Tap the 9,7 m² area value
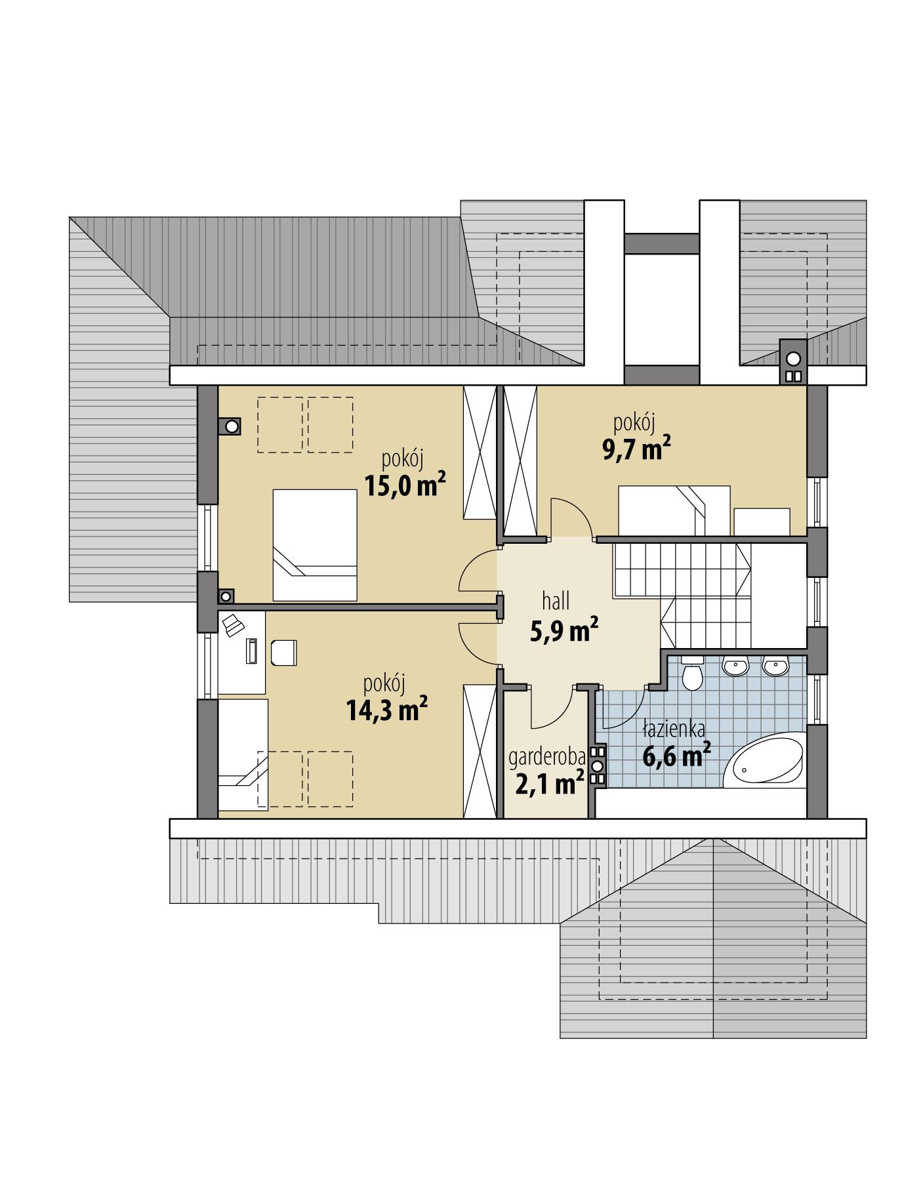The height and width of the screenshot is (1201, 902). (636, 449)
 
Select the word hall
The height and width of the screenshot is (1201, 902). (556, 600)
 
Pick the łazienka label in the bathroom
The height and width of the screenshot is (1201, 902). (674, 729)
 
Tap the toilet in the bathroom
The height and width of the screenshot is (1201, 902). (692, 675)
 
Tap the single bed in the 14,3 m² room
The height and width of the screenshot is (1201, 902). (243, 754)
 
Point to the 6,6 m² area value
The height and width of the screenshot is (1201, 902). (676, 756)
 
